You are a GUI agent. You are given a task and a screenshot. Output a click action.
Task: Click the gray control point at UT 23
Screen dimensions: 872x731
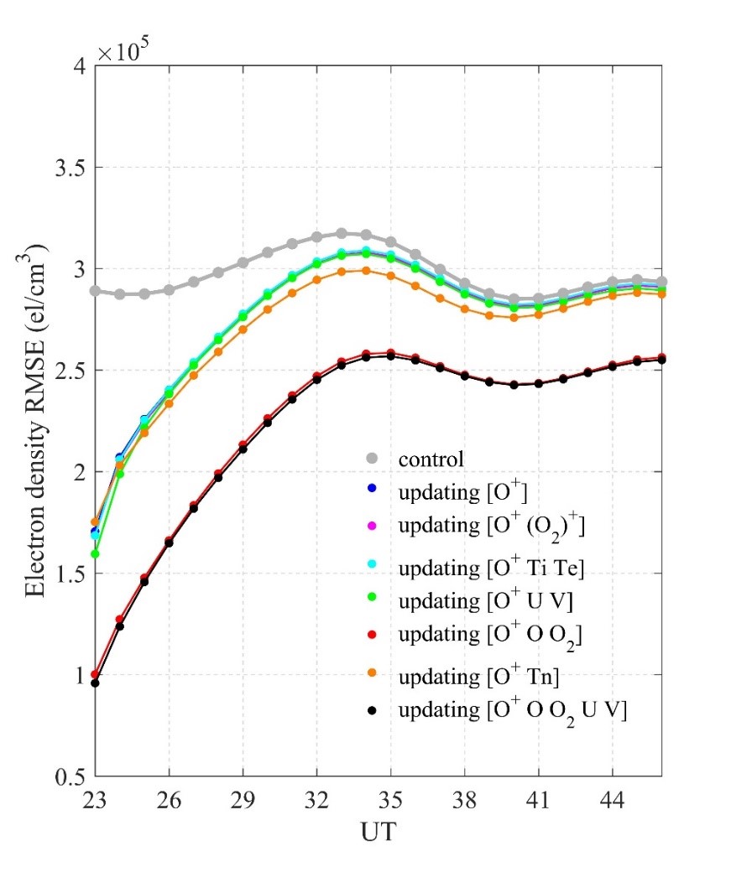[x=95, y=291]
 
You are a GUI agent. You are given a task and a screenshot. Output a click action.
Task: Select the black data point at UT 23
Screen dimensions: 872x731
[x=95, y=683]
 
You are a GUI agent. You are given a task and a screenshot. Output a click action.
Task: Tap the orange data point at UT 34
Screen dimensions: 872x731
[x=366, y=270]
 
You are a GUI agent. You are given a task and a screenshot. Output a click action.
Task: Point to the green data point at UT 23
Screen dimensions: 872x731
[x=95, y=553]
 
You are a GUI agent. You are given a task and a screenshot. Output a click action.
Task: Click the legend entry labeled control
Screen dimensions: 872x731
[x=431, y=459]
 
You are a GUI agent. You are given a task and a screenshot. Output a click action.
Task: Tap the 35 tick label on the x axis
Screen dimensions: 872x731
[x=390, y=797]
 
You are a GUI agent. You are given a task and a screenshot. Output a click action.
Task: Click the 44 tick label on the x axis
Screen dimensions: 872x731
[x=612, y=797]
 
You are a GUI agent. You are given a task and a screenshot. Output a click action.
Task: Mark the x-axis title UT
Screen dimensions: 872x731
[x=379, y=834]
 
